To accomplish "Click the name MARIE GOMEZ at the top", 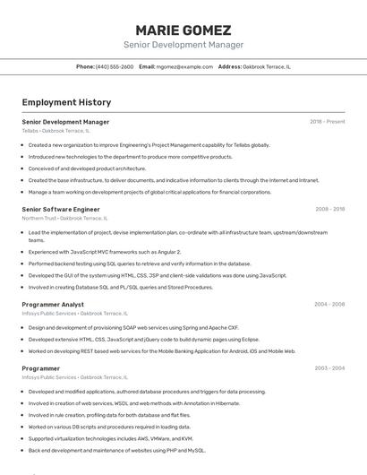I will coord(183,30).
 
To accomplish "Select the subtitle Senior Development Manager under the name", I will coord(183,45).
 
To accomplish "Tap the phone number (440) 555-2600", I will coord(115,66).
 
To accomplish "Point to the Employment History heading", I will coord(66,102).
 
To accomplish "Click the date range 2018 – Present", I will coord(327,122).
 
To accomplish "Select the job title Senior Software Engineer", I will coord(61,209).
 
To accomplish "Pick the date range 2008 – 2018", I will coord(329,209).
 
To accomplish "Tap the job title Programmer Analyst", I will coord(53,305).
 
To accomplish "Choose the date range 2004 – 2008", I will coord(329,305).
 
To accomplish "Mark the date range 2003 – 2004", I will coord(329,369).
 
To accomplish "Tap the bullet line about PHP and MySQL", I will coord(116,450).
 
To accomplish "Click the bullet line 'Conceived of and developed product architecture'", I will coord(87,168).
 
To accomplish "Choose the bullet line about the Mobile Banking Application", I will coord(161,351).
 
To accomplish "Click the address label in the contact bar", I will coord(230,66).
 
